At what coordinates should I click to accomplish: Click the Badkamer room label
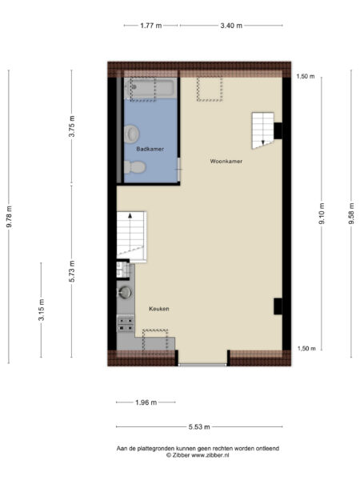click(150, 149)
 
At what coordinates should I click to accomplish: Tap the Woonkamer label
click(226, 161)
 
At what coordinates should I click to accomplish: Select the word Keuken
click(158, 308)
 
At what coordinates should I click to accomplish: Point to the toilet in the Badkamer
click(134, 167)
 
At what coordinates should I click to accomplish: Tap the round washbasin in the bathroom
click(132, 134)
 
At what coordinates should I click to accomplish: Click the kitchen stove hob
click(125, 323)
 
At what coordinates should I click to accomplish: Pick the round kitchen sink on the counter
click(124, 293)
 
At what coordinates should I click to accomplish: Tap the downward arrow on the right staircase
click(262, 142)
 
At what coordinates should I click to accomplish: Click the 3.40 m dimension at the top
click(231, 26)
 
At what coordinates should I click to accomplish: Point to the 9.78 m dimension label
click(10, 217)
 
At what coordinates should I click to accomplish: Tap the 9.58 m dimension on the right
click(350, 216)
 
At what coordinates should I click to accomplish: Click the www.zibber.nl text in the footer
click(211, 455)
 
